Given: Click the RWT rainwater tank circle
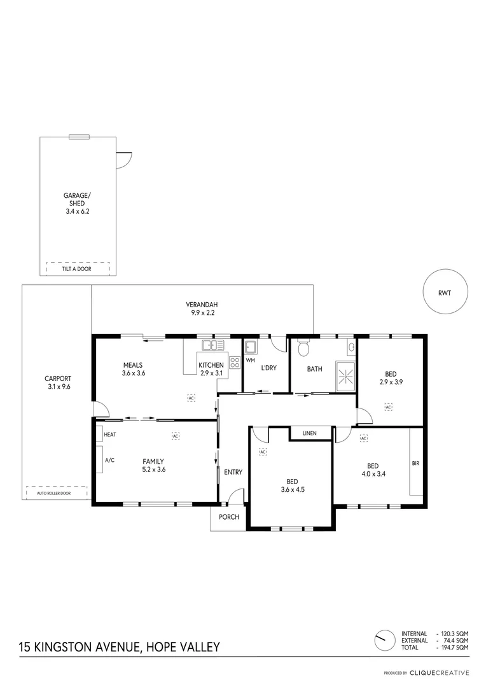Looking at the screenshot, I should click(445, 293).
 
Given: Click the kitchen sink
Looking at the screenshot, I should click(213, 345).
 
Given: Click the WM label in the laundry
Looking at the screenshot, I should click(249, 361).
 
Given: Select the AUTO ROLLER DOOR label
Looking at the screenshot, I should click(53, 493).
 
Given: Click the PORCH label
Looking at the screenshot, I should click(229, 517).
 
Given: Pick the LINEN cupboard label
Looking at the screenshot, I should click(310, 433).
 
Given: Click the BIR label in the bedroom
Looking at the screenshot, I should click(415, 463).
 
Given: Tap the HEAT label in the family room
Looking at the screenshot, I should click(110, 434).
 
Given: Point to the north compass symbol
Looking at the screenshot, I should click(384, 641).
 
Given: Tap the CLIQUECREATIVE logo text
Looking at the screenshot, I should click(440, 672).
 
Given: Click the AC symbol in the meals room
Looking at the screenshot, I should click(191, 398).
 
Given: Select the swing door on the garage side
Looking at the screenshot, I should click(123, 159).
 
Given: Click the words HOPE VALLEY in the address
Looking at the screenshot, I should click(183, 647).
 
